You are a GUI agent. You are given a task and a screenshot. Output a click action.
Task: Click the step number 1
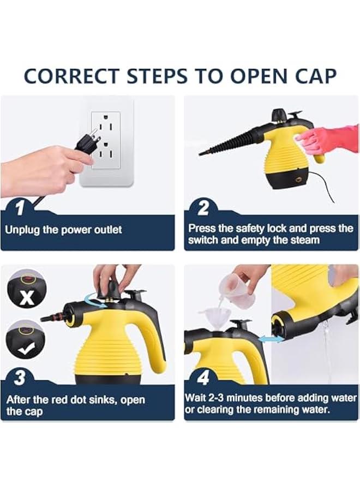click(20, 208)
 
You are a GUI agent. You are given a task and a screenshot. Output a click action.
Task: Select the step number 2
click(203, 208)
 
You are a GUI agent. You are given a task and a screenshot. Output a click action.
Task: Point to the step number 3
click(20, 378)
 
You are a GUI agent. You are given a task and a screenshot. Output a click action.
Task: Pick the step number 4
click(203, 378)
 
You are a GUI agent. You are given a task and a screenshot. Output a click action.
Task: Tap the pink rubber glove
click(327, 139)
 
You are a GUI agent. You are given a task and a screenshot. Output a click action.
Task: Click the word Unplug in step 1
click(22, 230)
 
